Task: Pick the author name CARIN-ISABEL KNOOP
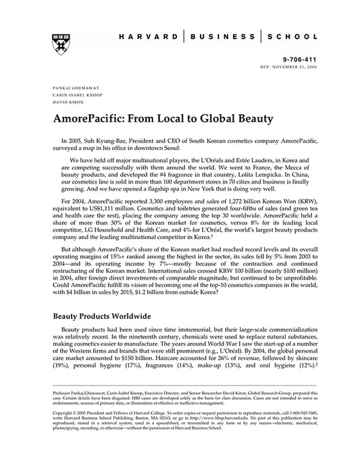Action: pos(75,96)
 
